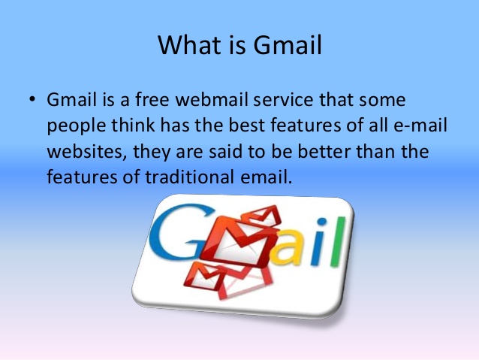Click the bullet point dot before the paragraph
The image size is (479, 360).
[x=33, y=101]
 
